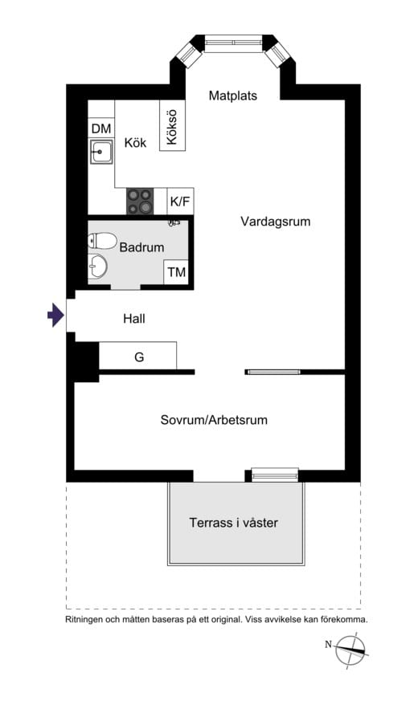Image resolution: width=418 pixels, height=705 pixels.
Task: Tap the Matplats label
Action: coord(232,96)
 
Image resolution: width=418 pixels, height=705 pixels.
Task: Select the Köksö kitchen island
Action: coord(171,125)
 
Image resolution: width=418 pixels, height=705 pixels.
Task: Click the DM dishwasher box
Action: coord(100,128)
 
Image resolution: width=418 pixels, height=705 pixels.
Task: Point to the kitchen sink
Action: coord(100,150)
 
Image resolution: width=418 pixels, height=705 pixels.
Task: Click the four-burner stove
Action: coord(139,201)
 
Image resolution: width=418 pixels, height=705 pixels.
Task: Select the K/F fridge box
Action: coord(179,202)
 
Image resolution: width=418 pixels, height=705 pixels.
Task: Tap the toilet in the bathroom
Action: coord(103,240)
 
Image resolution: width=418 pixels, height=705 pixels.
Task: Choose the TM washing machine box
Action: coord(176,272)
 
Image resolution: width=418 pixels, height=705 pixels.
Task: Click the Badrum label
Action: coord(141,248)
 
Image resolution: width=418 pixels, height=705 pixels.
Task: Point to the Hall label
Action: coord(134,319)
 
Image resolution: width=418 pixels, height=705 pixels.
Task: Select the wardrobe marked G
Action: coord(138,356)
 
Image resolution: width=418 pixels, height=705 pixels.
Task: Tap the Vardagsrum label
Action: coord(275,222)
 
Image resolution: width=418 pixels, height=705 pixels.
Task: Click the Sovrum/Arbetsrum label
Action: coord(214,420)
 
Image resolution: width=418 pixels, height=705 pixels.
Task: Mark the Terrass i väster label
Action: coord(234,523)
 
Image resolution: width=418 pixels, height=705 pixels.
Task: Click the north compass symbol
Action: coord(350,647)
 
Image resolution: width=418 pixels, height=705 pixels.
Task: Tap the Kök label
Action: coord(135,143)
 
